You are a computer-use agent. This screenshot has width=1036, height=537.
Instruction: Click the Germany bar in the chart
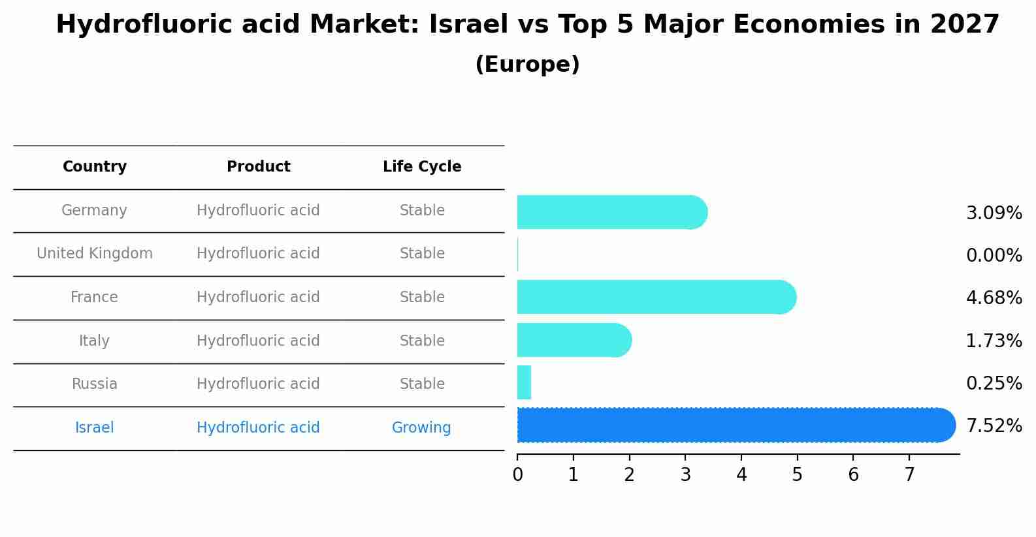(611, 212)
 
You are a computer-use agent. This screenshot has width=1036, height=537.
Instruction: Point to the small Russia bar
(524, 382)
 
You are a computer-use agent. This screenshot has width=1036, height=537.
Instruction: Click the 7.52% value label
(994, 426)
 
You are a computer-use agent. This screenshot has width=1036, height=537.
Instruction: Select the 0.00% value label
(994, 256)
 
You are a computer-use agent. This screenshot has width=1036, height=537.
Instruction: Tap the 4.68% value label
(994, 298)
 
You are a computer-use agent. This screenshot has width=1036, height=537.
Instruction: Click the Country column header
(95, 167)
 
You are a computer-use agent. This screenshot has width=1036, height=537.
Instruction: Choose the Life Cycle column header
(422, 167)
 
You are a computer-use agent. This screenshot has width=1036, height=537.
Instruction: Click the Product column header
(258, 167)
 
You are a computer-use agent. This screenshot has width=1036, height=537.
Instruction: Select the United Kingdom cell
(95, 254)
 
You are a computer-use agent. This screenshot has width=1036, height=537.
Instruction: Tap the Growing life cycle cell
(421, 428)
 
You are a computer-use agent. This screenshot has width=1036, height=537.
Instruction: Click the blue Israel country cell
(95, 428)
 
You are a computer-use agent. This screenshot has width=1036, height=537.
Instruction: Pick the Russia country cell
(95, 384)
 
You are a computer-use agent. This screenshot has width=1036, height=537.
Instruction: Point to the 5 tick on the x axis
(797, 475)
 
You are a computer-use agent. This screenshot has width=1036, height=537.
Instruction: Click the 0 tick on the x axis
(517, 475)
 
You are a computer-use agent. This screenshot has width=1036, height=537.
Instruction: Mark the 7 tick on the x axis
(909, 475)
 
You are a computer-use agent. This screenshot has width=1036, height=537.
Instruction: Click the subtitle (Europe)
(527, 65)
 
